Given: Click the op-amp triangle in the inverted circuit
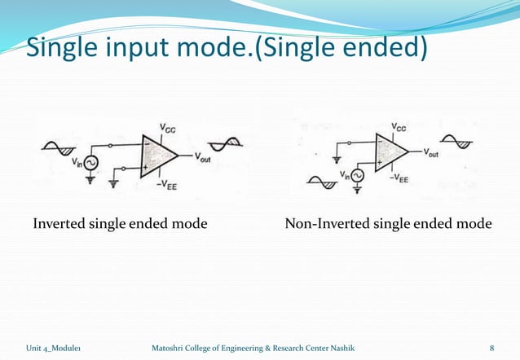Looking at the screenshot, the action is tap(158, 156).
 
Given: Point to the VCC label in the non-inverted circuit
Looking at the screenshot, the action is tap(400, 126).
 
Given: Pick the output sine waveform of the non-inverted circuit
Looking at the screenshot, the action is tap(458, 141).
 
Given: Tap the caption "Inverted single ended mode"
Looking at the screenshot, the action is tap(119, 223).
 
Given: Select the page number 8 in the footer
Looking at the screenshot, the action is tap(491, 349).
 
